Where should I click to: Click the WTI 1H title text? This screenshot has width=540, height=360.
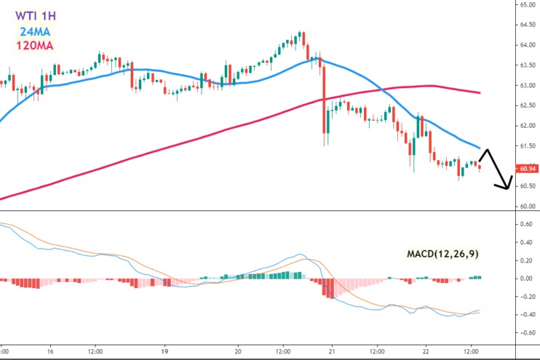coord(37,13)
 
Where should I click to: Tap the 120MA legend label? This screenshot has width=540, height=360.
coord(37,48)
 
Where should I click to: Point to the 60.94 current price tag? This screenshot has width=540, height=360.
coord(527,169)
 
